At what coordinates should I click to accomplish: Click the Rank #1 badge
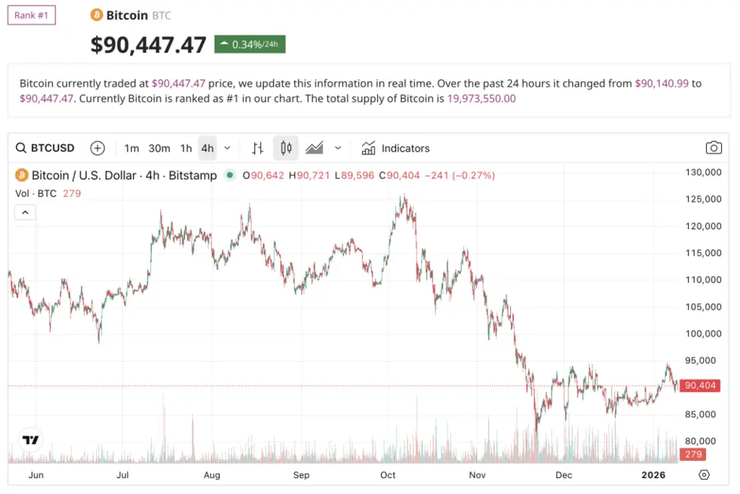[32, 15]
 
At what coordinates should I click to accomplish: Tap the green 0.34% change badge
[249, 44]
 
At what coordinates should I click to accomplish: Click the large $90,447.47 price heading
[148, 45]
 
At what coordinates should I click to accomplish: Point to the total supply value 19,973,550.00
[481, 98]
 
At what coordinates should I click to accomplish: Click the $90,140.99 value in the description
[661, 83]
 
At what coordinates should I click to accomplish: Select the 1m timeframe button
[132, 148]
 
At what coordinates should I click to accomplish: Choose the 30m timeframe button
[159, 148]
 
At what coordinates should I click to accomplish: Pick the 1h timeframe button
[186, 148]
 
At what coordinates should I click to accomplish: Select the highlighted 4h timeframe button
[207, 148]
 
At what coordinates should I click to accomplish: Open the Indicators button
[396, 148]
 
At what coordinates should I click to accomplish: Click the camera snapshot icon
[713, 148]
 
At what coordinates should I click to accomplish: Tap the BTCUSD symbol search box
[46, 148]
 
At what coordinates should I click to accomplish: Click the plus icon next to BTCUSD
[98, 148]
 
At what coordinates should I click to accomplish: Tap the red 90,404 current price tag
[699, 386]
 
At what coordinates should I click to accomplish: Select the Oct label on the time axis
[388, 475]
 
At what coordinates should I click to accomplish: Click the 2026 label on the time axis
[653, 475]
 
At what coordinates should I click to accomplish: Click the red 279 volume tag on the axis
[693, 455]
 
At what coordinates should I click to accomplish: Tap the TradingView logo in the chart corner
[30, 440]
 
